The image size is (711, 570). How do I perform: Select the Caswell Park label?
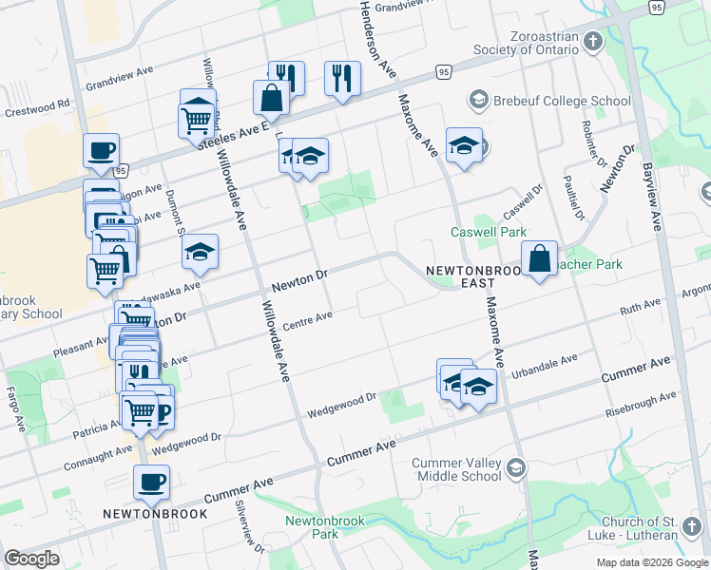pos(488,232)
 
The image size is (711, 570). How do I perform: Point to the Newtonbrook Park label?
pos(312,527)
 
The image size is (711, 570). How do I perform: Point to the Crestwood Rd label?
pos(38,104)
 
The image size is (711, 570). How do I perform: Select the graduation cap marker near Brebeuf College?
pos(463,145)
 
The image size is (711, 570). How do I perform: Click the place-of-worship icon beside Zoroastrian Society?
pos(593,42)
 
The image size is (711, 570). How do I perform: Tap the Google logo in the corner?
pos(31,559)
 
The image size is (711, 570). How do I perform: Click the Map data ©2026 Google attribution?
pos(653,562)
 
